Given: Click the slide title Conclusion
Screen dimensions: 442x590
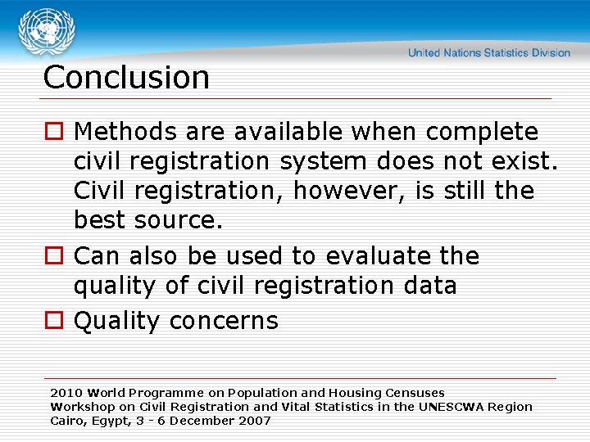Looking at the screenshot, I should click(126, 78).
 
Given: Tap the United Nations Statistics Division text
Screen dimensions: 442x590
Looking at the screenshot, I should click(489, 53).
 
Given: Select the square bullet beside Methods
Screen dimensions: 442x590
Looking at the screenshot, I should click(54, 132).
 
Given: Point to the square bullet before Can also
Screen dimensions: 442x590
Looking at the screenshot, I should click(54, 256).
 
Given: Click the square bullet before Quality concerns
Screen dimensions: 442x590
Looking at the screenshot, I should click(54, 321).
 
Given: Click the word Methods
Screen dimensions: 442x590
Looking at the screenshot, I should click(124, 132).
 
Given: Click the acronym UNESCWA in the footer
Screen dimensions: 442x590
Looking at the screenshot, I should click(453, 407).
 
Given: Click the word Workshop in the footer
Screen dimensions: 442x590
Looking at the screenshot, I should click(80, 407).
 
